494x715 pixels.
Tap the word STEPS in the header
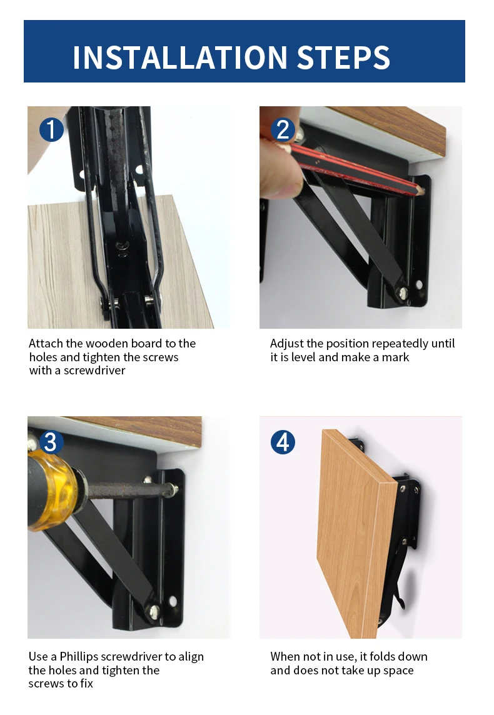[343, 57]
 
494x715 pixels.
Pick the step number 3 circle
[51, 442]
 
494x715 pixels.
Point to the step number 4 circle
[283, 442]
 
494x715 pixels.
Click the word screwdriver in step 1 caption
[94, 370]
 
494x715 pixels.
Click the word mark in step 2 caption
[395, 357]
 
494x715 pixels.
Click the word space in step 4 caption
[398, 671]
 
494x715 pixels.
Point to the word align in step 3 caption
[191, 657]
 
